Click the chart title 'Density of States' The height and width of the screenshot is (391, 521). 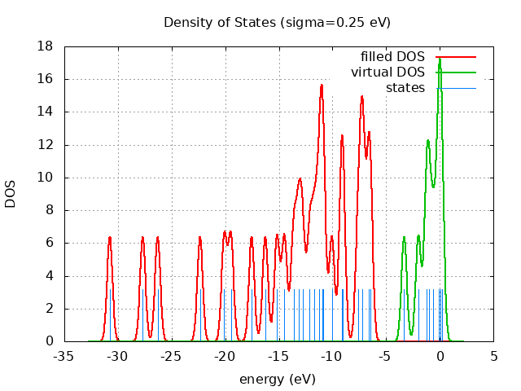pyautogui.click(x=277, y=22)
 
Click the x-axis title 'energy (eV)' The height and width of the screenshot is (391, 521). pyautogui.click(x=277, y=379)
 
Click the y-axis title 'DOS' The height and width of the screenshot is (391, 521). pyautogui.click(x=11, y=194)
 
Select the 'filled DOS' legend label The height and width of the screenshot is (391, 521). pyautogui.click(x=392, y=56)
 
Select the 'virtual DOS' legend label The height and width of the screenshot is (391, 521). pyautogui.click(x=387, y=72)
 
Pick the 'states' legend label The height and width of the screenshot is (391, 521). pyautogui.click(x=405, y=87)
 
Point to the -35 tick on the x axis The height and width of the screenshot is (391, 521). pyautogui.click(x=63, y=356)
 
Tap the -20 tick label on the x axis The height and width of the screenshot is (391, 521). pyautogui.click(x=225, y=356)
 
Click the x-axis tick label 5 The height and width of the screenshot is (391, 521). pyautogui.click(x=493, y=356)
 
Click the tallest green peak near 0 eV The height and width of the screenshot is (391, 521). pyautogui.click(x=440, y=59)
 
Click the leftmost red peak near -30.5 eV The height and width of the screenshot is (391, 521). pyautogui.click(x=109, y=237)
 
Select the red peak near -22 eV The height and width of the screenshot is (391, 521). pyautogui.click(x=200, y=237)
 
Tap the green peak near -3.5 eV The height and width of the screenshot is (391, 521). pyautogui.click(x=404, y=237)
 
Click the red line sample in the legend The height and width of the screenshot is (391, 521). pyautogui.click(x=456, y=56)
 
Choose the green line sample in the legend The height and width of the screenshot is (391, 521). pyautogui.click(x=456, y=72)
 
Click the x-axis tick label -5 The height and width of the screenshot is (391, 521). pyautogui.click(x=386, y=356)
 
